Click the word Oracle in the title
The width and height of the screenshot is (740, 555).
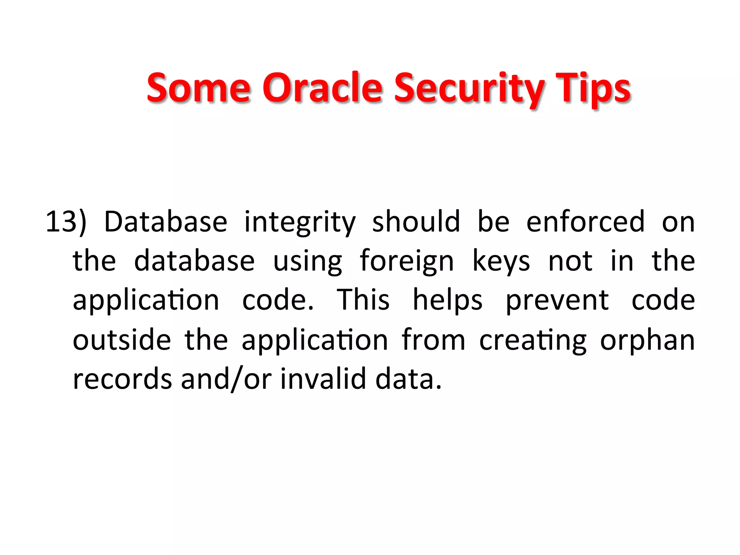[322, 88]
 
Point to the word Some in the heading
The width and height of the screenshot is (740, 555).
[198, 88]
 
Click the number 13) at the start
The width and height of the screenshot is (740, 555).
[66, 221]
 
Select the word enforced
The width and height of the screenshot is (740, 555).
[585, 221]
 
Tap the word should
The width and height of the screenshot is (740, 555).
[416, 221]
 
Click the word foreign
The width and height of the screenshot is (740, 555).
[406, 261]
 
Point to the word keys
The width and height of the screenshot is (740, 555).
[501, 261]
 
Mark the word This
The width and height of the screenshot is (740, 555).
[363, 300]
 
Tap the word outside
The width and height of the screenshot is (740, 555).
[122, 340]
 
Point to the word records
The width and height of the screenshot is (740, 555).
[122, 379]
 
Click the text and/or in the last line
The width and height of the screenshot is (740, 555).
[226, 379]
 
